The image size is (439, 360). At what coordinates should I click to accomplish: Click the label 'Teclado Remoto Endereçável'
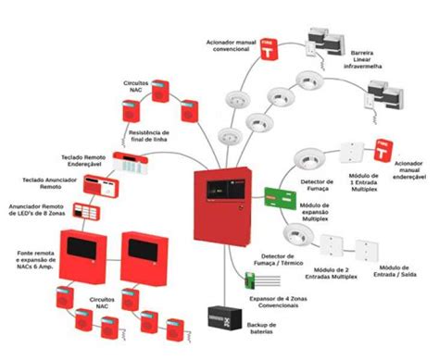click(77, 158)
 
